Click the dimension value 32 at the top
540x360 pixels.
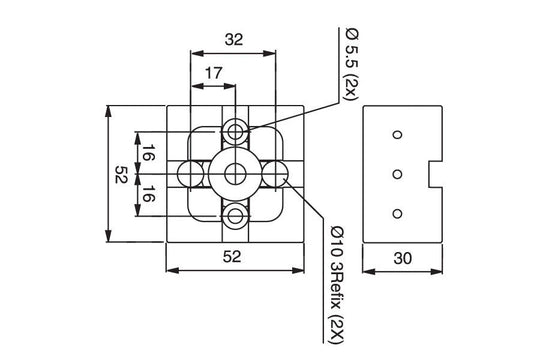(234, 40)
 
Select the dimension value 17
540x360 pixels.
(213, 73)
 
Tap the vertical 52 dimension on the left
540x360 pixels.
(121, 174)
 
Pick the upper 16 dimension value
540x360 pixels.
(148, 154)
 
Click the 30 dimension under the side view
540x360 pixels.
(403, 257)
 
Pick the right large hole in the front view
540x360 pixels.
(276, 174)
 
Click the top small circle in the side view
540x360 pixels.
(397, 135)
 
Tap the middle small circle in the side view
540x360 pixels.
(397, 174)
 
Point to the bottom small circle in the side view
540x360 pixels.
(397, 212)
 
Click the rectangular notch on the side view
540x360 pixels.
(436, 174)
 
